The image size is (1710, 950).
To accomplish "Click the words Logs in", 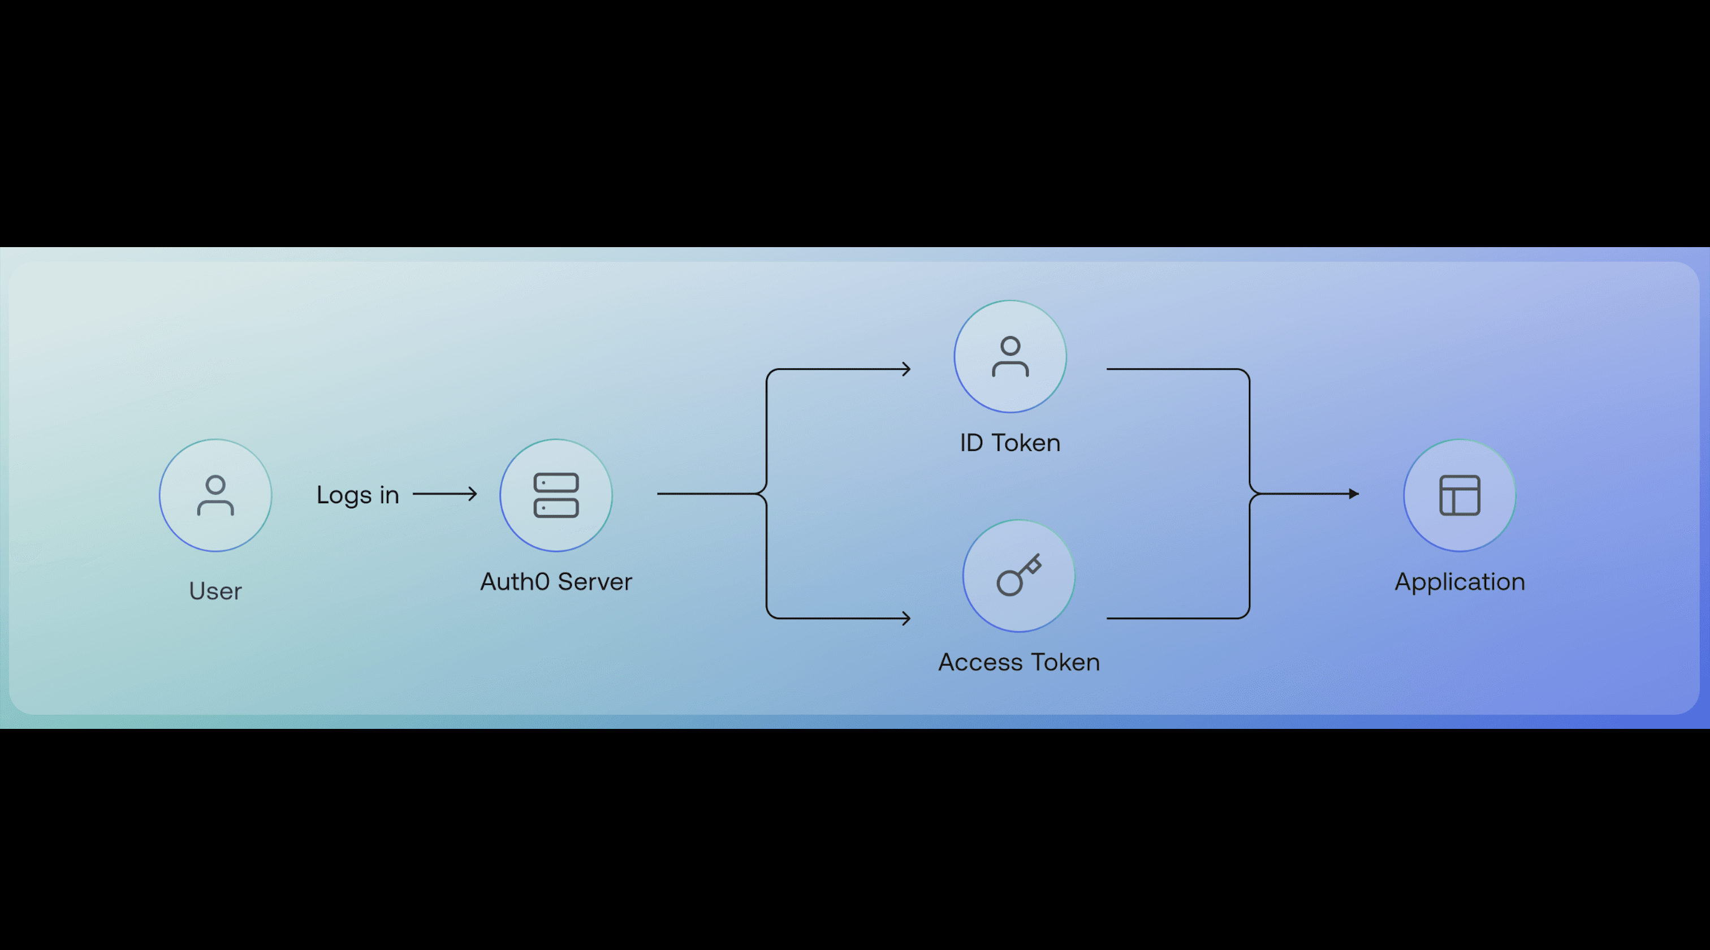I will tap(357, 495).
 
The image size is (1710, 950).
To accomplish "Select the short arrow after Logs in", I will tap(445, 494).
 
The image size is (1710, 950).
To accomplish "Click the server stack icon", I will tap(556, 495).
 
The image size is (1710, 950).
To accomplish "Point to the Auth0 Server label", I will tap(556, 581).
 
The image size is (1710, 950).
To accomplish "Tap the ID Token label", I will tap(1010, 443).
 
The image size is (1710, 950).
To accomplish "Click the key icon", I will tap(1018, 576).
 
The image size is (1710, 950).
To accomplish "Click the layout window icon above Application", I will tap(1459, 495).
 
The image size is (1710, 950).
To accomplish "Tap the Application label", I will tap(1459, 581).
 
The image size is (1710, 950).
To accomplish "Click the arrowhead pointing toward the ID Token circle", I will tap(907, 369).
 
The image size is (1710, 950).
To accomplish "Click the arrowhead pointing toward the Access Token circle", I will tap(907, 619).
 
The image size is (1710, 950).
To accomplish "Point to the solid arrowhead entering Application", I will tap(1354, 494).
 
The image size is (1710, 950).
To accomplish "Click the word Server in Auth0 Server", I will tap(595, 581).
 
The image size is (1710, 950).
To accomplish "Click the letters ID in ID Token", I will tap(971, 443).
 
